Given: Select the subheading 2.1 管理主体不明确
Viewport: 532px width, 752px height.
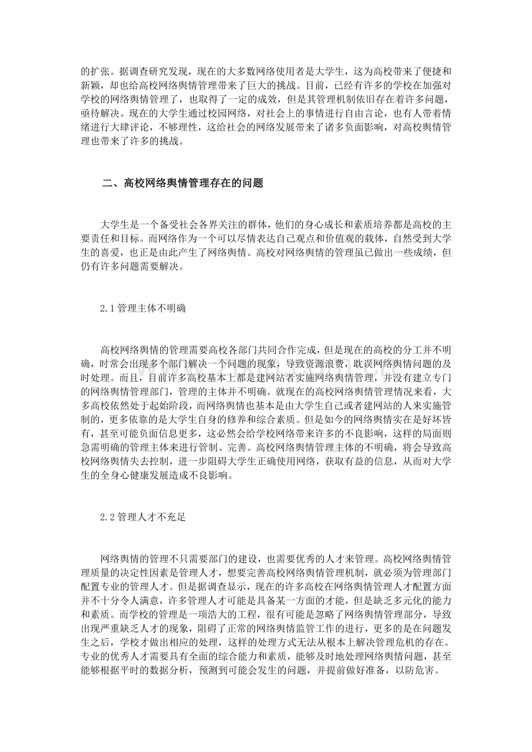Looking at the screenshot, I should point(142,309).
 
